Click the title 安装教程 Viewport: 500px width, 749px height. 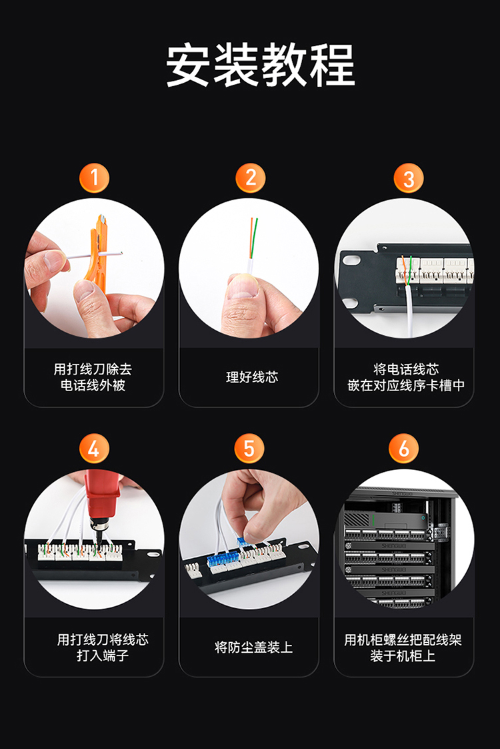[x=260, y=65]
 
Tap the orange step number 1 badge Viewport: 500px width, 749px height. [x=94, y=178]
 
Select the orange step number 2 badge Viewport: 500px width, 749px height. [x=251, y=178]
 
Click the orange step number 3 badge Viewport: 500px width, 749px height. [x=409, y=178]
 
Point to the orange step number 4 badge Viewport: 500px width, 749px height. [x=94, y=448]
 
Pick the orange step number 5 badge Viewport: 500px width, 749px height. [x=249, y=448]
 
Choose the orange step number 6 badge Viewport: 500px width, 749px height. [x=403, y=448]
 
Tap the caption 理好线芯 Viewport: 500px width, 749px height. [x=252, y=377]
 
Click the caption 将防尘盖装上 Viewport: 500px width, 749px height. [x=253, y=648]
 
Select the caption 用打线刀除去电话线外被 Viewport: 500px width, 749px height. [x=93, y=377]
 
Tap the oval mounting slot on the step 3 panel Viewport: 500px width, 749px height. [x=351, y=259]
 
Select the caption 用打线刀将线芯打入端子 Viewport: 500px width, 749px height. [x=103, y=648]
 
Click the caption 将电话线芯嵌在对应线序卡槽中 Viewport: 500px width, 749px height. [x=406, y=377]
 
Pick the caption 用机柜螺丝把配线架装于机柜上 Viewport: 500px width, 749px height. [x=403, y=648]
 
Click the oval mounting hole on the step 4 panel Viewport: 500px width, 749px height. [x=153, y=555]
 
